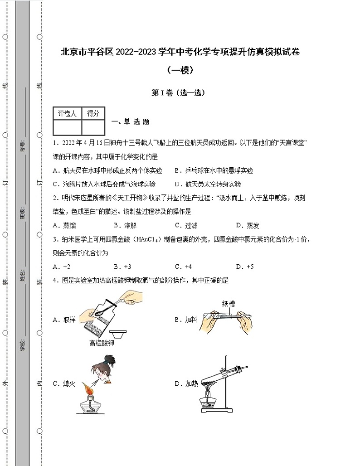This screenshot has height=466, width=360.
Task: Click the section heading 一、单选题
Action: (130, 121)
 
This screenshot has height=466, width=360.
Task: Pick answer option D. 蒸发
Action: (248, 225)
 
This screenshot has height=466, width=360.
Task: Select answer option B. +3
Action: (122, 267)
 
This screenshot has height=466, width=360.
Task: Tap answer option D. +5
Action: (245, 267)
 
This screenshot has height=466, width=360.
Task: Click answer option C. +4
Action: (184, 267)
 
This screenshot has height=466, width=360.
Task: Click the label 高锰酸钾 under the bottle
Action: (102, 343)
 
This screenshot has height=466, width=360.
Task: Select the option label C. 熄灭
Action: (64, 384)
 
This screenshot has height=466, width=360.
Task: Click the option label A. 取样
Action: (64, 320)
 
